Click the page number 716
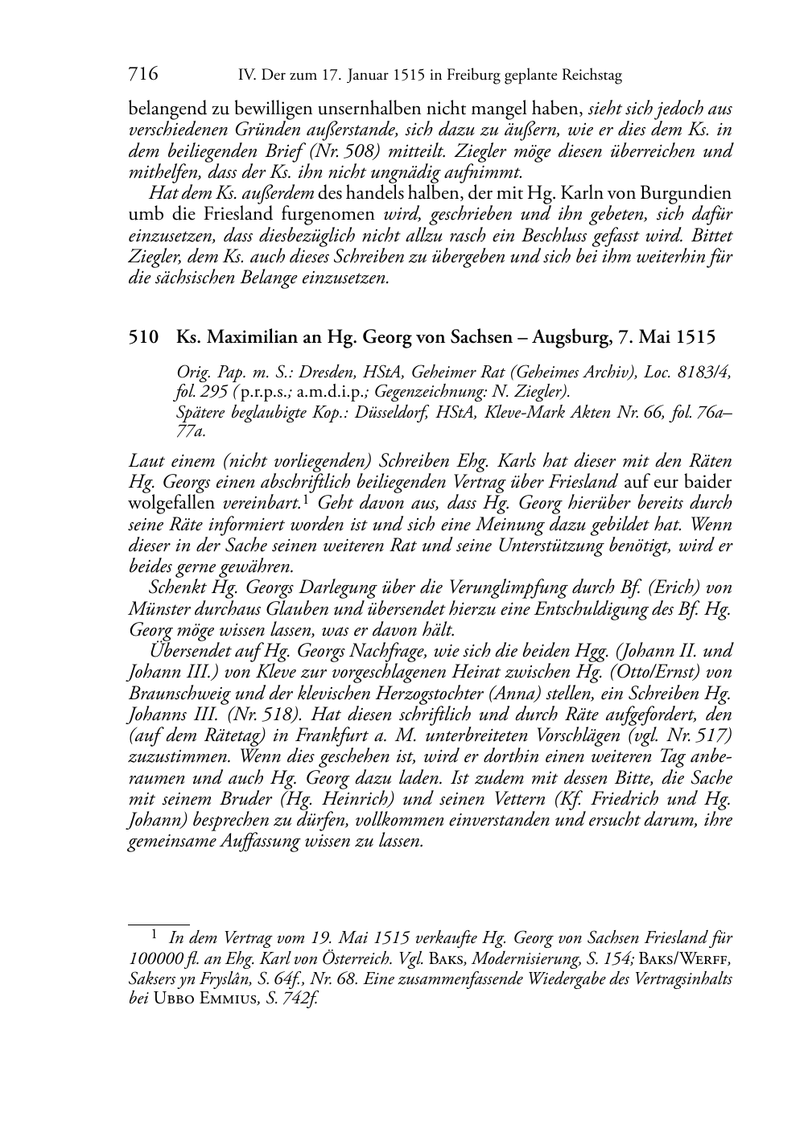(x=142, y=75)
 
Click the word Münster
(x=157, y=608)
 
